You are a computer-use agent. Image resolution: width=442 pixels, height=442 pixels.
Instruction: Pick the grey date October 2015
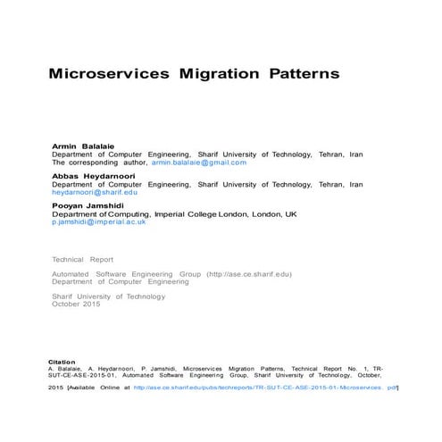[77, 304]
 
